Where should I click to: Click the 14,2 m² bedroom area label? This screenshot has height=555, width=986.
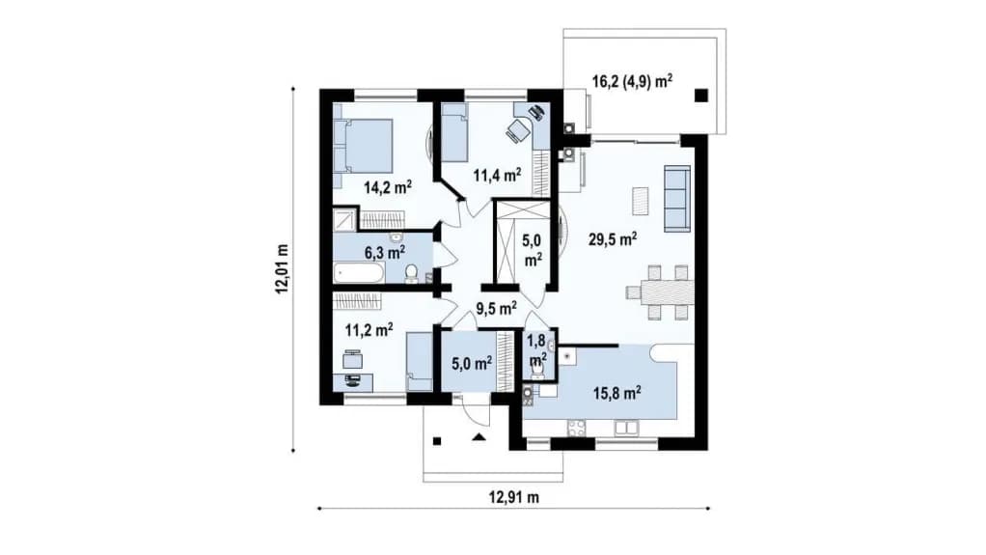click(388, 187)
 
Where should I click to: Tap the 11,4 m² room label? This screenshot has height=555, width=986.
click(497, 175)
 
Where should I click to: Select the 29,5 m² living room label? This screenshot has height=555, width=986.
click(613, 239)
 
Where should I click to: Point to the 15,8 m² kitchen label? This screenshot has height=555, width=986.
click(616, 393)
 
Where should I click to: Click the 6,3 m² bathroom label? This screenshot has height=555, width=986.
click(385, 252)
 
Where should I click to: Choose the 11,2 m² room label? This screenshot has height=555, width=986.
click(370, 329)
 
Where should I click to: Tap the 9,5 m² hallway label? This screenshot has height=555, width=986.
click(496, 308)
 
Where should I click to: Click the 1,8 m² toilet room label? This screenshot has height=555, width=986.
click(536, 349)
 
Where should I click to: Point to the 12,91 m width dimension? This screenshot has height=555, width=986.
click(514, 498)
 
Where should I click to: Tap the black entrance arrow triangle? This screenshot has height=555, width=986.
click(479, 436)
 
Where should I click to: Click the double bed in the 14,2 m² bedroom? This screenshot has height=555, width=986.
click(363, 146)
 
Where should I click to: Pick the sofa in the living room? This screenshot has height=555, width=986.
click(677, 197)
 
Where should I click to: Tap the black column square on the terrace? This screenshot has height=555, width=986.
click(701, 96)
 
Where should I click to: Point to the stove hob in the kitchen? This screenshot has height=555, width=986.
click(577, 428)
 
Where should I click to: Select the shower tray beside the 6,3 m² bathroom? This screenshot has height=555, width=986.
click(344, 220)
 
